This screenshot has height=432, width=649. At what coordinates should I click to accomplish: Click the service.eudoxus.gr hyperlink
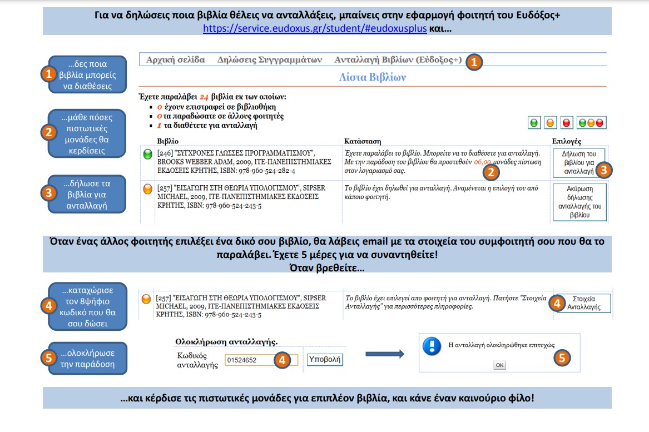(315, 28)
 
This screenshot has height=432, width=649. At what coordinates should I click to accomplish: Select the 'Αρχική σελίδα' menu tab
(175, 59)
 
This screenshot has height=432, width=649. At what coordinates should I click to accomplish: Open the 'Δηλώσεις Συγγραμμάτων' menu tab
(270, 59)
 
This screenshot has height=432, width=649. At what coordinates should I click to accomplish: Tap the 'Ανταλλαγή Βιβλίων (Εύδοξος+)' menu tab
(398, 59)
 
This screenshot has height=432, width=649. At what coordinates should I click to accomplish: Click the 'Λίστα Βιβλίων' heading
(372, 77)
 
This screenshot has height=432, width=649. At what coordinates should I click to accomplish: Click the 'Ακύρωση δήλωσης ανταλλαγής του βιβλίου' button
(579, 202)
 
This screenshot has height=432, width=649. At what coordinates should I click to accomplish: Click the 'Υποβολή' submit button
(325, 360)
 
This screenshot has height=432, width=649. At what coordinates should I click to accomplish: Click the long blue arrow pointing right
(384, 353)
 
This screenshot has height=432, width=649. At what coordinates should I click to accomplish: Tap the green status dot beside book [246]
(148, 155)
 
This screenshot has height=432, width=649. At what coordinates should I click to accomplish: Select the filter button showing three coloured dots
(591, 123)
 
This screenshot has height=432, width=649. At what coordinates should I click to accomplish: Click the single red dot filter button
(567, 123)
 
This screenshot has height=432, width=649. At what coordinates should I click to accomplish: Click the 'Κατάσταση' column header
(363, 142)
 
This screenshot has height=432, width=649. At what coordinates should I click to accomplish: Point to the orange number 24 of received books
(204, 97)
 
